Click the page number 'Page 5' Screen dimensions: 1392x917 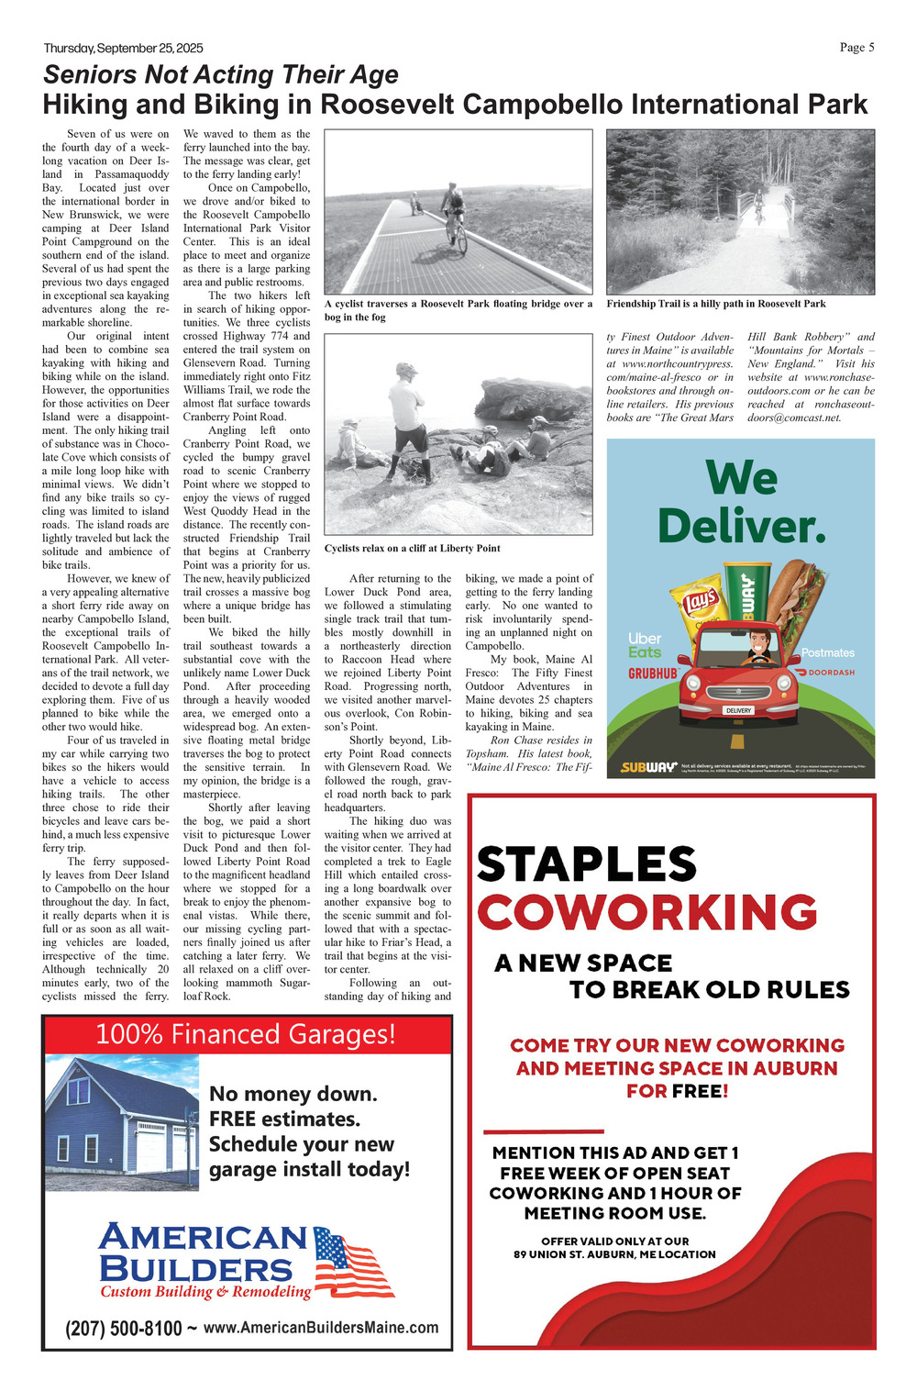tap(856, 48)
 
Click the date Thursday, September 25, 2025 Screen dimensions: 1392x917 tap(123, 49)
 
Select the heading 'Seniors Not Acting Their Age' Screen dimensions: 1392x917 tap(221, 74)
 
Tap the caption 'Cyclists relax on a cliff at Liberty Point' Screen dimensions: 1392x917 tap(412, 549)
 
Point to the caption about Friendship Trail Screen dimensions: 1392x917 tap(715, 304)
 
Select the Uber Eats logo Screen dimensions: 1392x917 tap(645, 645)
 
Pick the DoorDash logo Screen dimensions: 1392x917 tap(825, 673)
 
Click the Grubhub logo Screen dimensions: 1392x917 tap(653, 674)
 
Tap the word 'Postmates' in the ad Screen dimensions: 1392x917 tap(827, 652)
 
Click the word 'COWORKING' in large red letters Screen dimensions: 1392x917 tap(646, 912)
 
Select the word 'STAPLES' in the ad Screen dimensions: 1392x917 tap(587, 864)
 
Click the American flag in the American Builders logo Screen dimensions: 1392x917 tap(353, 1262)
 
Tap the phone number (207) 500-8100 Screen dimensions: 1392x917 tap(123, 1328)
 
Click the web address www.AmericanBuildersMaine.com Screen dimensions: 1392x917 tap(321, 1328)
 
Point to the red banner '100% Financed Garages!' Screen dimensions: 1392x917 tap(246, 1034)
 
